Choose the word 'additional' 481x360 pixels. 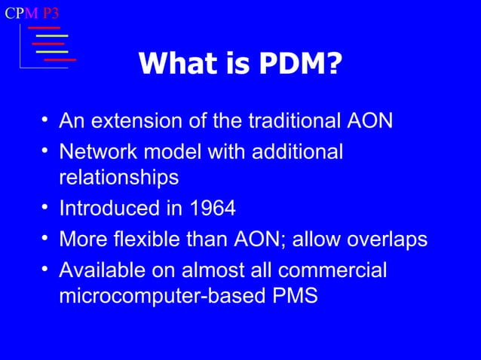[x=295, y=151]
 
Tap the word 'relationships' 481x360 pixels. [x=118, y=178]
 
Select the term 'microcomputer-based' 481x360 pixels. [x=159, y=296]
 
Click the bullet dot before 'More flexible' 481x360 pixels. [x=46, y=238]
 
